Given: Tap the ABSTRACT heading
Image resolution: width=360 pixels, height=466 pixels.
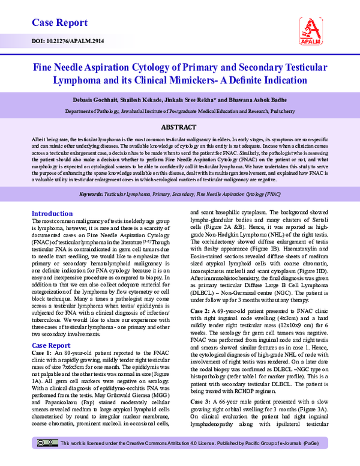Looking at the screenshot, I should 179,127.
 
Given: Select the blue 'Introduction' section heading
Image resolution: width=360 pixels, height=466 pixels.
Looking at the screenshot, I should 52,214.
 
